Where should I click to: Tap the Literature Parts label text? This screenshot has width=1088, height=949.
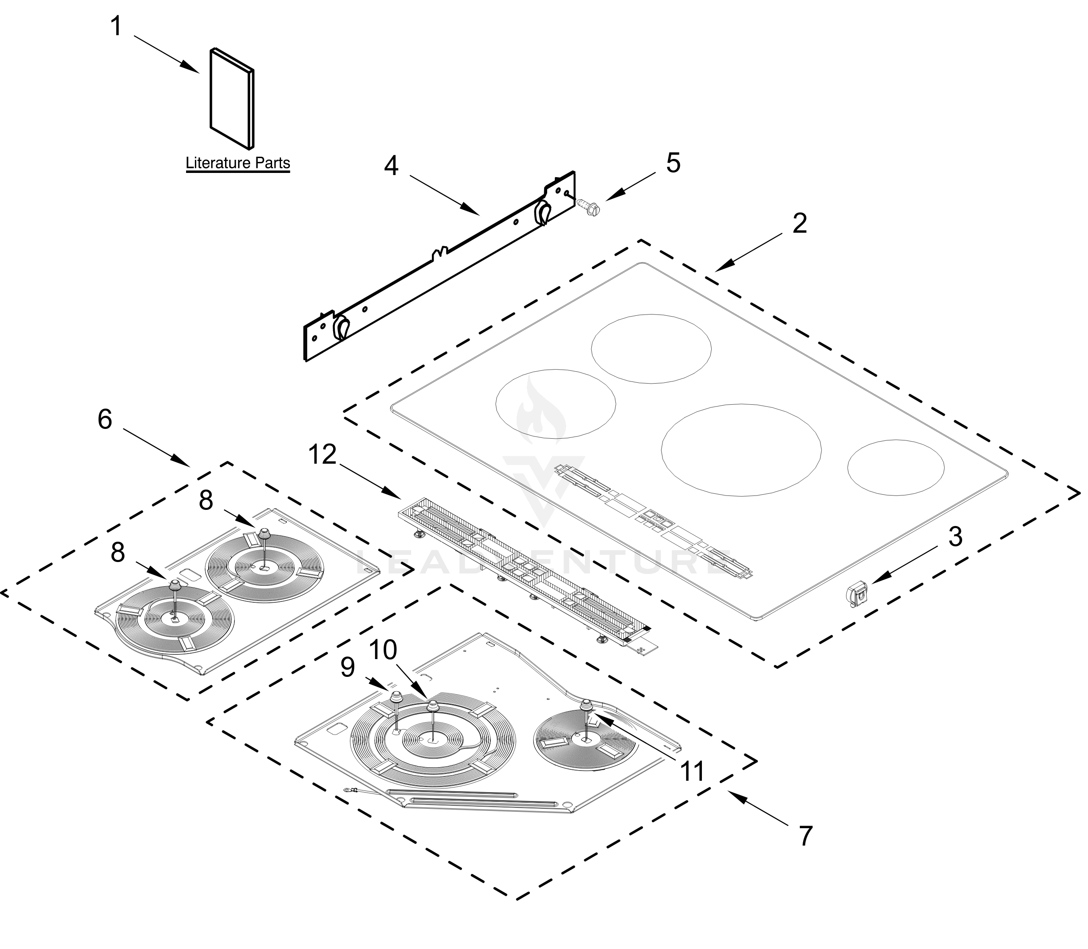[x=238, y=163]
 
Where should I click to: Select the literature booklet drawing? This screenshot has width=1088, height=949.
[x=232, y=98]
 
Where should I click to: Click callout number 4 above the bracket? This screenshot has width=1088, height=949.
[x=391, y=166]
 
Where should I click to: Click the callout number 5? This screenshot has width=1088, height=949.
[x=673, y=163]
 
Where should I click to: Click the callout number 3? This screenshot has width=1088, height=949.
[x=954, y=537]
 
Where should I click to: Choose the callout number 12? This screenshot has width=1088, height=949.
[x=323, y=454]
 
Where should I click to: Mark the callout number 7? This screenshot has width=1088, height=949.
[x=805, y=836]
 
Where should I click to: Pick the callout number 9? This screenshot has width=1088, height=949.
[x=347, y=667]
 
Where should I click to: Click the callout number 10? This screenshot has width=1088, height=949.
[x=382, y=650]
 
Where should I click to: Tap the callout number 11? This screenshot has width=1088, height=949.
[x=693, y=771]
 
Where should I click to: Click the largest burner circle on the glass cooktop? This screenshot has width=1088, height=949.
[x=741, y=450]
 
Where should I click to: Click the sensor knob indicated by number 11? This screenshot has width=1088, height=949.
[x=587, y=704]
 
